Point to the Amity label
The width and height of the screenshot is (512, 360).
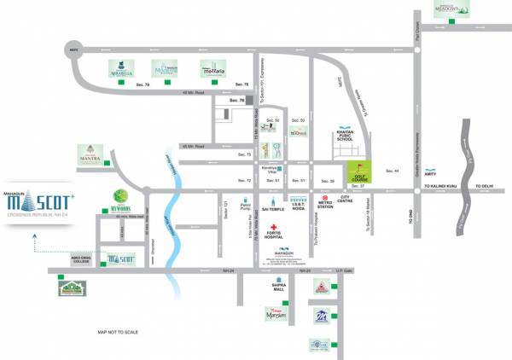coord(405,199)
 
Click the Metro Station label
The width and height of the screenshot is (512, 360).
coord(325,204)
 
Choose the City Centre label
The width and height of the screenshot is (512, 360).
coord(347,202)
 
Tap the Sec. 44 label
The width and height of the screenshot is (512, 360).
coord(393,171)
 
